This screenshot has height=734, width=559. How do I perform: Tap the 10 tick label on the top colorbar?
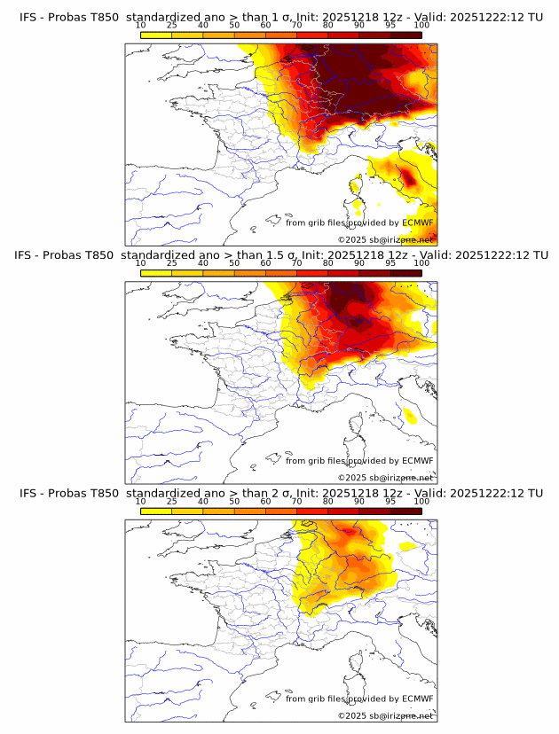141,26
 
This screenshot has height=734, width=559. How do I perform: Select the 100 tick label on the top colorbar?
421,26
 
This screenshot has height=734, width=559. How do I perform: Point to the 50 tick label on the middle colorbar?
234,263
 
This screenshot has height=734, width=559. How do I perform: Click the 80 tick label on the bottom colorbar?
328,501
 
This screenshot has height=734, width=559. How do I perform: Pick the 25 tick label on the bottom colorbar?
172,501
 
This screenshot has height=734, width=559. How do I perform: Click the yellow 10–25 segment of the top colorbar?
156,35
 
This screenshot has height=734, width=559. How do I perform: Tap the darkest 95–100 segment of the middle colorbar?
405,272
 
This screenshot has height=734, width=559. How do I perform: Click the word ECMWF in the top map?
417,223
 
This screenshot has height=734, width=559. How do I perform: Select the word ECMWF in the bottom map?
417,699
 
